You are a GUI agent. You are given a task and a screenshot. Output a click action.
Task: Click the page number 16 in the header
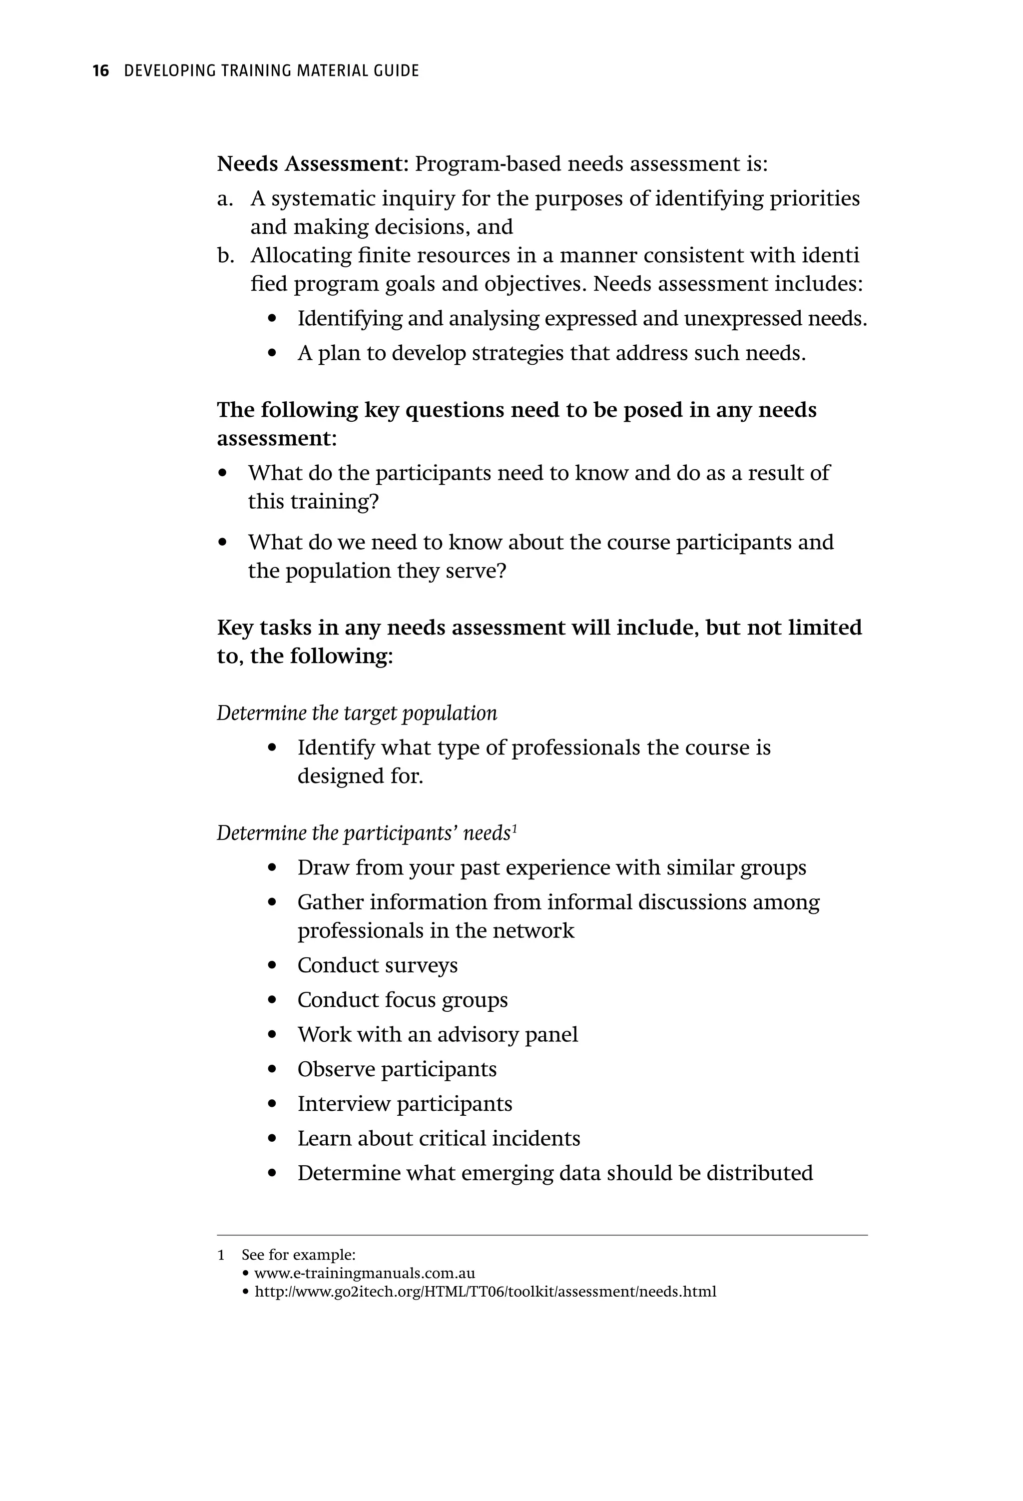100,71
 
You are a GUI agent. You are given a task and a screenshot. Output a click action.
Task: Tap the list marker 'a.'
225,199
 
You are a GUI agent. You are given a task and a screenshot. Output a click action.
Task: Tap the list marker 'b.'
225,256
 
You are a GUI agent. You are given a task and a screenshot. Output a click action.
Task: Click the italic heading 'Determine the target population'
357,713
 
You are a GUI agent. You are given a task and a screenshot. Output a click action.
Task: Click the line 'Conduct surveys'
377,965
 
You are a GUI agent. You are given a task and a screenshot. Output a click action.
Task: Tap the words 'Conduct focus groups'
402,1000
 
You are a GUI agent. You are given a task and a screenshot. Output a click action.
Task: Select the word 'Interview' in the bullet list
344,1104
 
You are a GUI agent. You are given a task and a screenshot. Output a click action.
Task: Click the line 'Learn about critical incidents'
439,1138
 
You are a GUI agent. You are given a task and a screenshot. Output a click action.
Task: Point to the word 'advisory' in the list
477,1035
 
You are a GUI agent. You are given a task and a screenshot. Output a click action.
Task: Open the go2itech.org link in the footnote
485,1291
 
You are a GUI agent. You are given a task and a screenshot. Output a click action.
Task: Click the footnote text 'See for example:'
298,1255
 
